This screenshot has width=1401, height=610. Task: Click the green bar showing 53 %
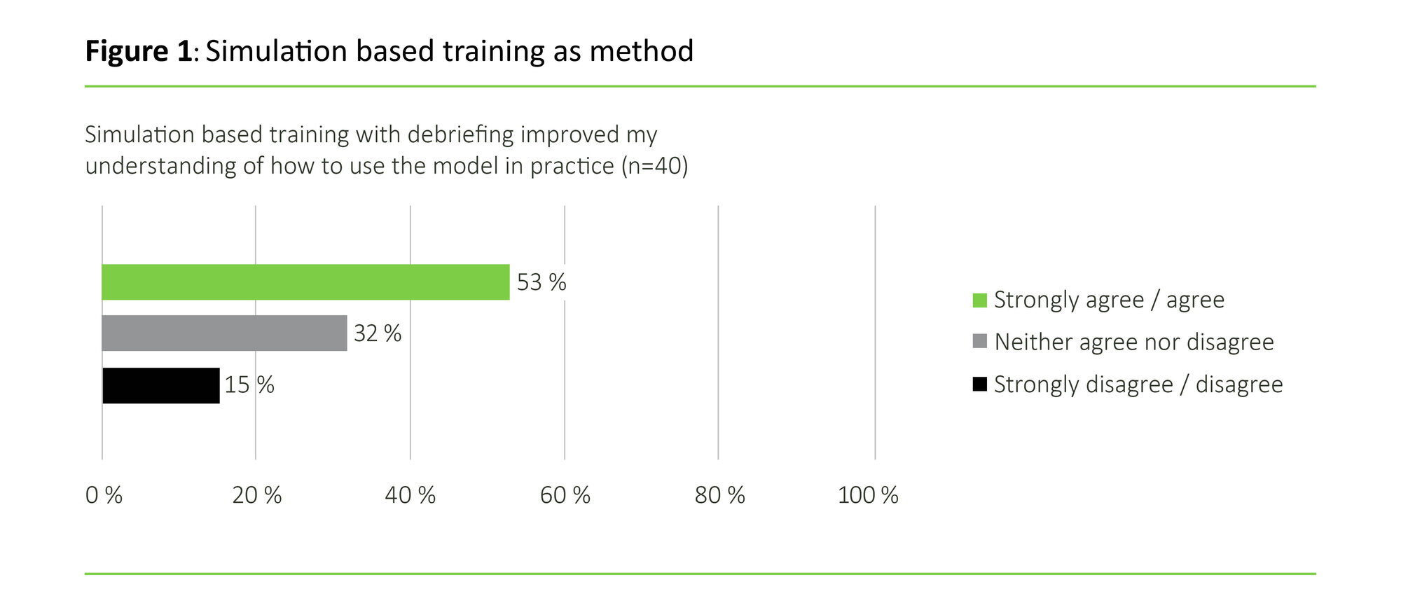click(305, 282)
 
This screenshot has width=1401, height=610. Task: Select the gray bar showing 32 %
click(224, 333)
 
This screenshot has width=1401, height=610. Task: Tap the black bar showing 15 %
click(161, 385)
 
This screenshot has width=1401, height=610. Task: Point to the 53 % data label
click(541, 282)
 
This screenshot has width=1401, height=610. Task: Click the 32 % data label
click(378, 333)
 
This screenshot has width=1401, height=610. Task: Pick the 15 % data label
click(249, 385)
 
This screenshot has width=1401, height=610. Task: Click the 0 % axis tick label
click(104, 495)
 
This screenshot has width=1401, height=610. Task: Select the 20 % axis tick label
click(257, 495)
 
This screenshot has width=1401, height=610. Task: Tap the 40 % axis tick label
click(410, 495)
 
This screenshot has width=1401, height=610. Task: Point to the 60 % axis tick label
click(565, 495)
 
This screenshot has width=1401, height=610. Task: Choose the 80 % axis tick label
click(719, 495)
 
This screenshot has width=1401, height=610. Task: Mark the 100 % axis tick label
click(868, 495)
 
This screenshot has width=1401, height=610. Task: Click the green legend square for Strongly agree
click(980, 300)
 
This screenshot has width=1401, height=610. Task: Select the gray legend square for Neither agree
click(980, 342)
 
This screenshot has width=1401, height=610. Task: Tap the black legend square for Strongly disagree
click(980, 384)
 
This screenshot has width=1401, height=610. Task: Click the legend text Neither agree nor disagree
click(1133, 342)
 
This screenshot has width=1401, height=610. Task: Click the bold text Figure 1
click(139, 51)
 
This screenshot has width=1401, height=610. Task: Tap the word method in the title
click(641, 51)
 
